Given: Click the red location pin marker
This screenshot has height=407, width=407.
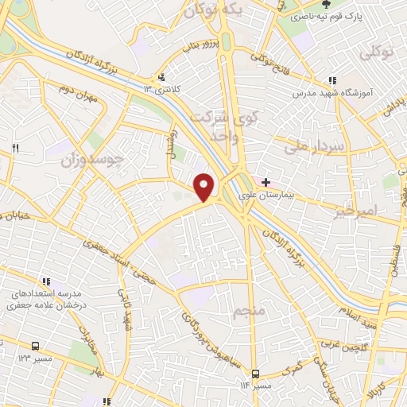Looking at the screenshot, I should click(x=205, y=188).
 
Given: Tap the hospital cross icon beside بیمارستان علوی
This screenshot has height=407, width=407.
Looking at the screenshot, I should click(x=266, y=182).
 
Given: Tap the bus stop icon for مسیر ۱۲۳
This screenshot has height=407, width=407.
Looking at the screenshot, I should click(x=36, y=347).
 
